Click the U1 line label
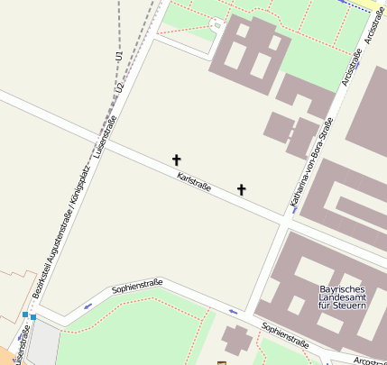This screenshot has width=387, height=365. (118, 56)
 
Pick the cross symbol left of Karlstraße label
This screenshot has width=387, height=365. (177, 160)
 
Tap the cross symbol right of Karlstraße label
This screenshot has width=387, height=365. (241, 189)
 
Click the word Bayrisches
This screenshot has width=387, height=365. (343, 289)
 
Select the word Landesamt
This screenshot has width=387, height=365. (342, 298)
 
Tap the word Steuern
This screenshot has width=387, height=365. (348, 307)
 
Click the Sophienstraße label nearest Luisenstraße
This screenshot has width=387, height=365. (136, 287)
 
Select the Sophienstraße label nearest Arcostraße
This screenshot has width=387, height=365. (285, 334)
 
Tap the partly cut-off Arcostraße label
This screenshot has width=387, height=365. (370, 360)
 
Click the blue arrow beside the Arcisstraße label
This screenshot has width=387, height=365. (359, 65)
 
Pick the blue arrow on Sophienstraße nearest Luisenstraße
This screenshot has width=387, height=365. (88, 306)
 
